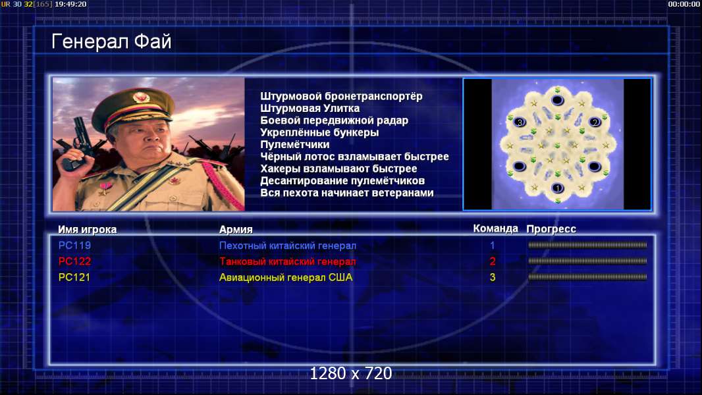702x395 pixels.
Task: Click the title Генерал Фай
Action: tap(111, 41)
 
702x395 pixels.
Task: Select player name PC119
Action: tap(75, 246)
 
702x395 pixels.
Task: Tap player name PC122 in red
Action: tap(75, 261)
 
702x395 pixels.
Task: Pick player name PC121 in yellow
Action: tap(74, 277)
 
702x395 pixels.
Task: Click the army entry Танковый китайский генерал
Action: tap(287, 261)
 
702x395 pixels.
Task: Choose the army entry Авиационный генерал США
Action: tap(286, 277)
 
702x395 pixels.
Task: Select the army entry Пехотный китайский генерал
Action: tap(287, 246)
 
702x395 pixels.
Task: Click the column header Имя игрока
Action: tap(88, 230)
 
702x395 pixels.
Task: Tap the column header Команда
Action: tap(496, 228)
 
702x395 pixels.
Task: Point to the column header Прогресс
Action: tap(551, 229)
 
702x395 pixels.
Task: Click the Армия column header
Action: tap(236, 230)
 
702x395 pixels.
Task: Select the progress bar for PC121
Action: tap(587, 277)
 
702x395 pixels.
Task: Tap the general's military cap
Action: tap(132, 107)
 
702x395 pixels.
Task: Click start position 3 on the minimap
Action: tap(520, 122)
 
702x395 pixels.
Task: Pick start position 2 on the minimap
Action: tap(595, 122)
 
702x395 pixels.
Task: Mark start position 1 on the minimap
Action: tap(557, 188)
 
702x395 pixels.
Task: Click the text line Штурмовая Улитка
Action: tap(310, 108)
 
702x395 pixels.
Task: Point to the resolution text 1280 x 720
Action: tap(351, 373)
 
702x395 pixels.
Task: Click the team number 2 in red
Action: tap(493, 261)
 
